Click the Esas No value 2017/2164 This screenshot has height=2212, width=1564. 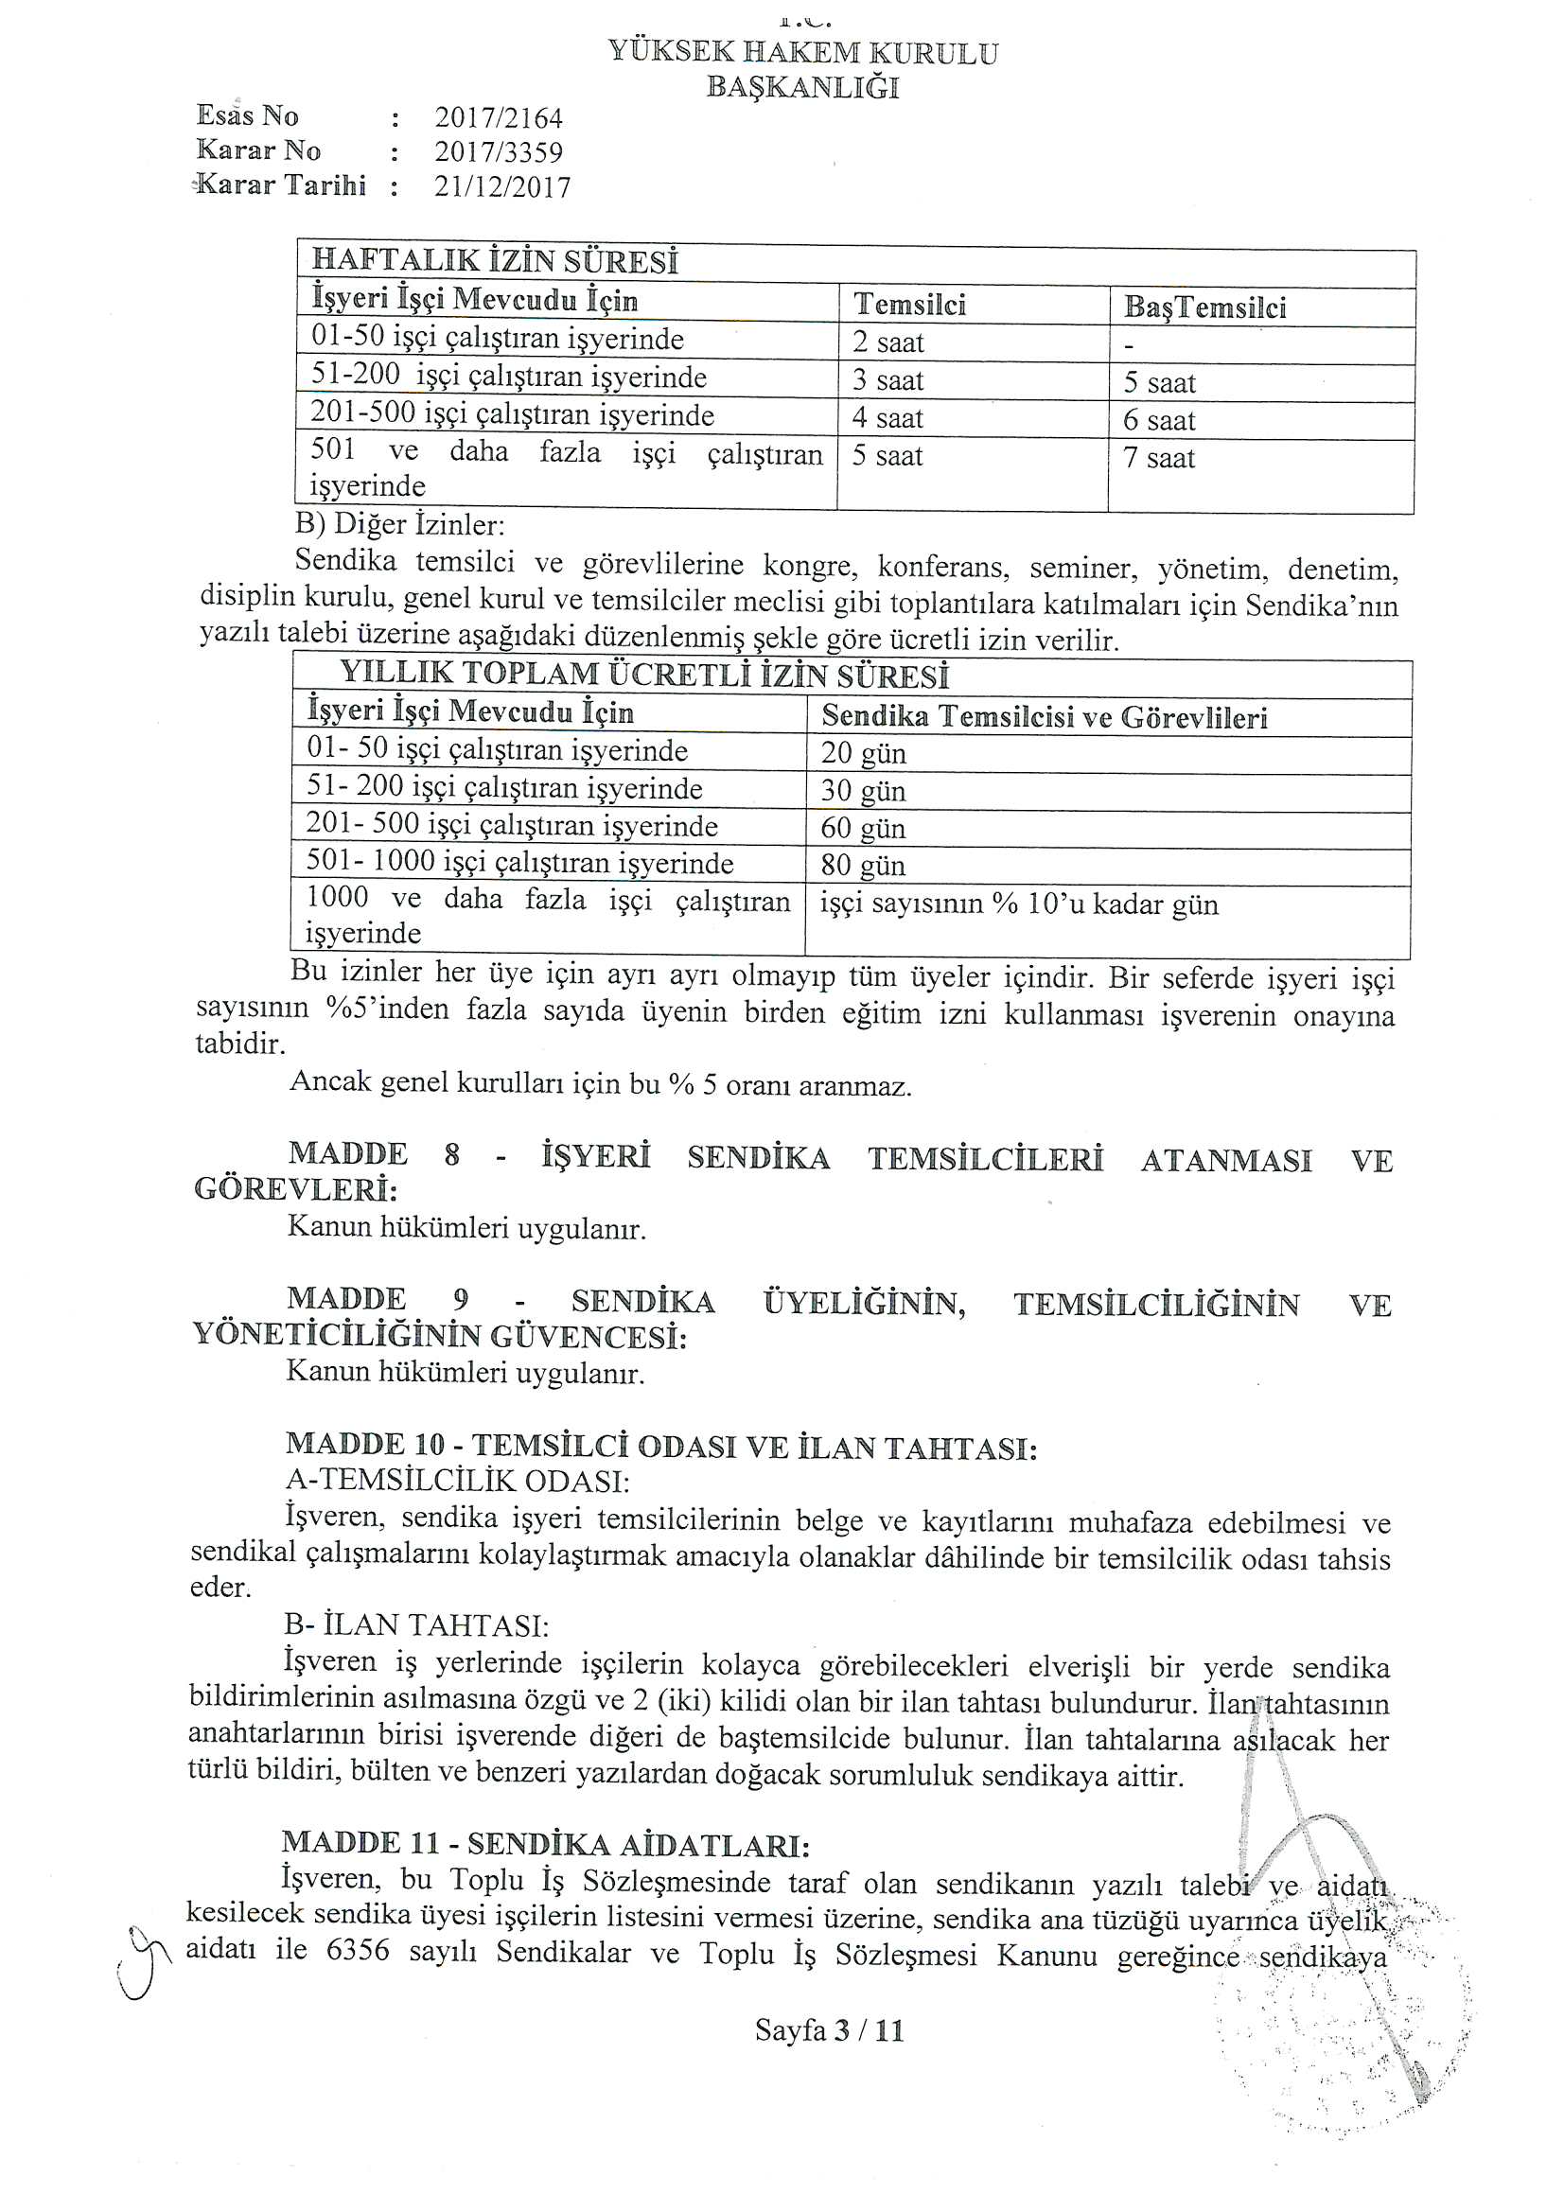499,118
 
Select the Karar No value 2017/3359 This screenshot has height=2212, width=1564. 499,152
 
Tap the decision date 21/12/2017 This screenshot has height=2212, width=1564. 502,186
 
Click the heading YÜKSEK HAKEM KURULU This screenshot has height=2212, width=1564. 802,53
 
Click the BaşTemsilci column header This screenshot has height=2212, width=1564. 1204,307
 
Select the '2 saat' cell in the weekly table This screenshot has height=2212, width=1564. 887,343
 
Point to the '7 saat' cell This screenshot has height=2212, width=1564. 1159,458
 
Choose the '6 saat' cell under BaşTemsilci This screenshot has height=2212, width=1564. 1159,421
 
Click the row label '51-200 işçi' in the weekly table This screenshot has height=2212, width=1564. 508,377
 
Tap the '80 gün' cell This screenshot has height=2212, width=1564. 863,865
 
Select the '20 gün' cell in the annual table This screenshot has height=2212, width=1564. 863,752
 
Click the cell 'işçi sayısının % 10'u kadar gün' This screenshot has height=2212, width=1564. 1019,904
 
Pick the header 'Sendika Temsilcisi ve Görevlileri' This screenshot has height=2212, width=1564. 1044,717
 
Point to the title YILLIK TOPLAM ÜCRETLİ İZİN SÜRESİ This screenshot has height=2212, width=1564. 644,676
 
